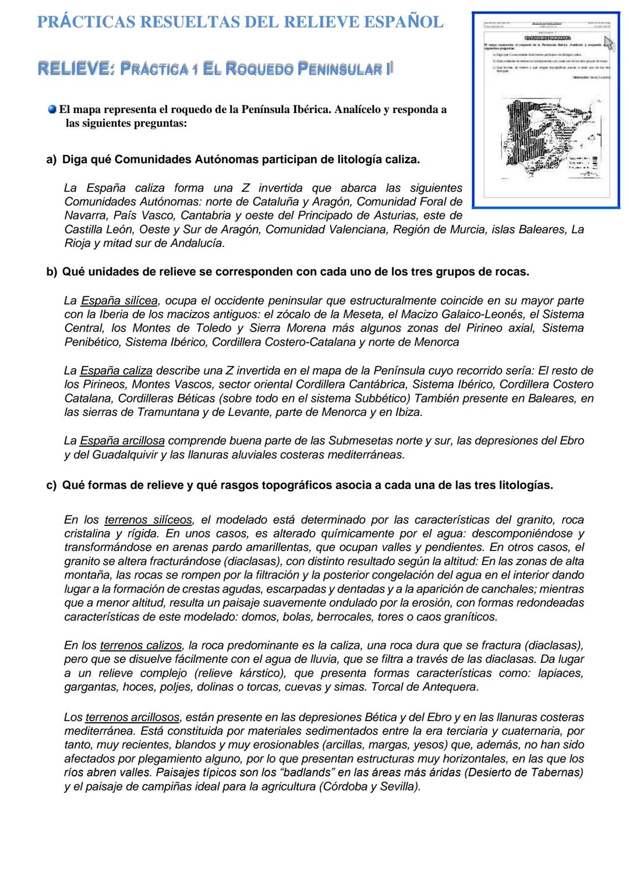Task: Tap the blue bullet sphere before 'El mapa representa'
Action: pyautogui.click(x=52, y=110)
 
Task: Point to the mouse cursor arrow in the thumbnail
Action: pyautogui.click(x=609, y=43)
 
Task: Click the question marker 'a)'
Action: pyautogui.click(x=51, y=160)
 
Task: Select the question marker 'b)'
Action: pyautogui.click(x=51, y=272)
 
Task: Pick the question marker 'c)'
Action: pyautogui.click(x=51, y=485)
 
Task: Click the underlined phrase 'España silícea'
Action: pyautogui.click(x=119, y=301)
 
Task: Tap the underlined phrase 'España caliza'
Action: pyautogui.click(x=116, y=371)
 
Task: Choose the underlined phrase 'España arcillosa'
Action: pyautogui.click(x=122, y=441)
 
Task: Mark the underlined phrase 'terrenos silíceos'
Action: pyautogui.click(x=148, y=520)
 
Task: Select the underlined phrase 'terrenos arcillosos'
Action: pyautogui.click(x=132, y=718)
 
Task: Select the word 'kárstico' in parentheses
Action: pyautogui.click(x=259, y=673)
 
